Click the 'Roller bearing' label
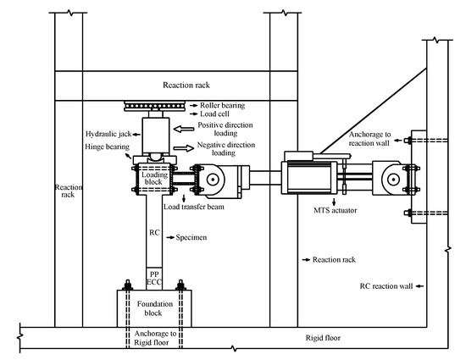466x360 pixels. tap(222, 105)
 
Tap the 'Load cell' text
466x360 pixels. tap(214, 114)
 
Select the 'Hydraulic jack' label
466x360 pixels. tap(108, 134)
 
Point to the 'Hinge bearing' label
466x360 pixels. tap(108, 147)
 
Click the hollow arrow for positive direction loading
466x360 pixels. tap(184, 129)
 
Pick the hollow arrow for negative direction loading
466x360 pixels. tap(184, 148)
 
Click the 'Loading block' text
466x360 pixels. tap(154, 178)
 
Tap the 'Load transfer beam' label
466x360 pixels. tap(194, 207)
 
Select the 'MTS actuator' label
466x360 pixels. tap(336, 210)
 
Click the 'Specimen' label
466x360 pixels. tap(191, 237)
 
